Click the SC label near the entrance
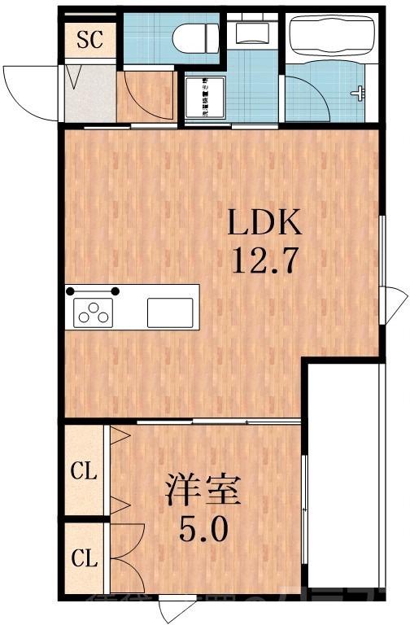tap(89, 39)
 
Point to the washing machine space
tap(205, 98)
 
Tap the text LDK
tap(265, 222)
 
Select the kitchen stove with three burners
tap(94, 312)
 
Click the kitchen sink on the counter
tap(170, 312)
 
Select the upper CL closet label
tap(84, 470)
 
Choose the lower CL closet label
tap(84, 559)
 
